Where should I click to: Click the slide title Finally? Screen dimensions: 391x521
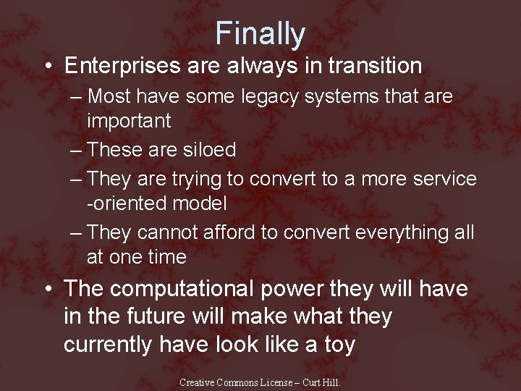[x=260, y=33]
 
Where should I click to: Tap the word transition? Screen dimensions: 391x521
[x=375, y=66]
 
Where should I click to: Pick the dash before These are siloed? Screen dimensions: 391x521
[x=77, y=151]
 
